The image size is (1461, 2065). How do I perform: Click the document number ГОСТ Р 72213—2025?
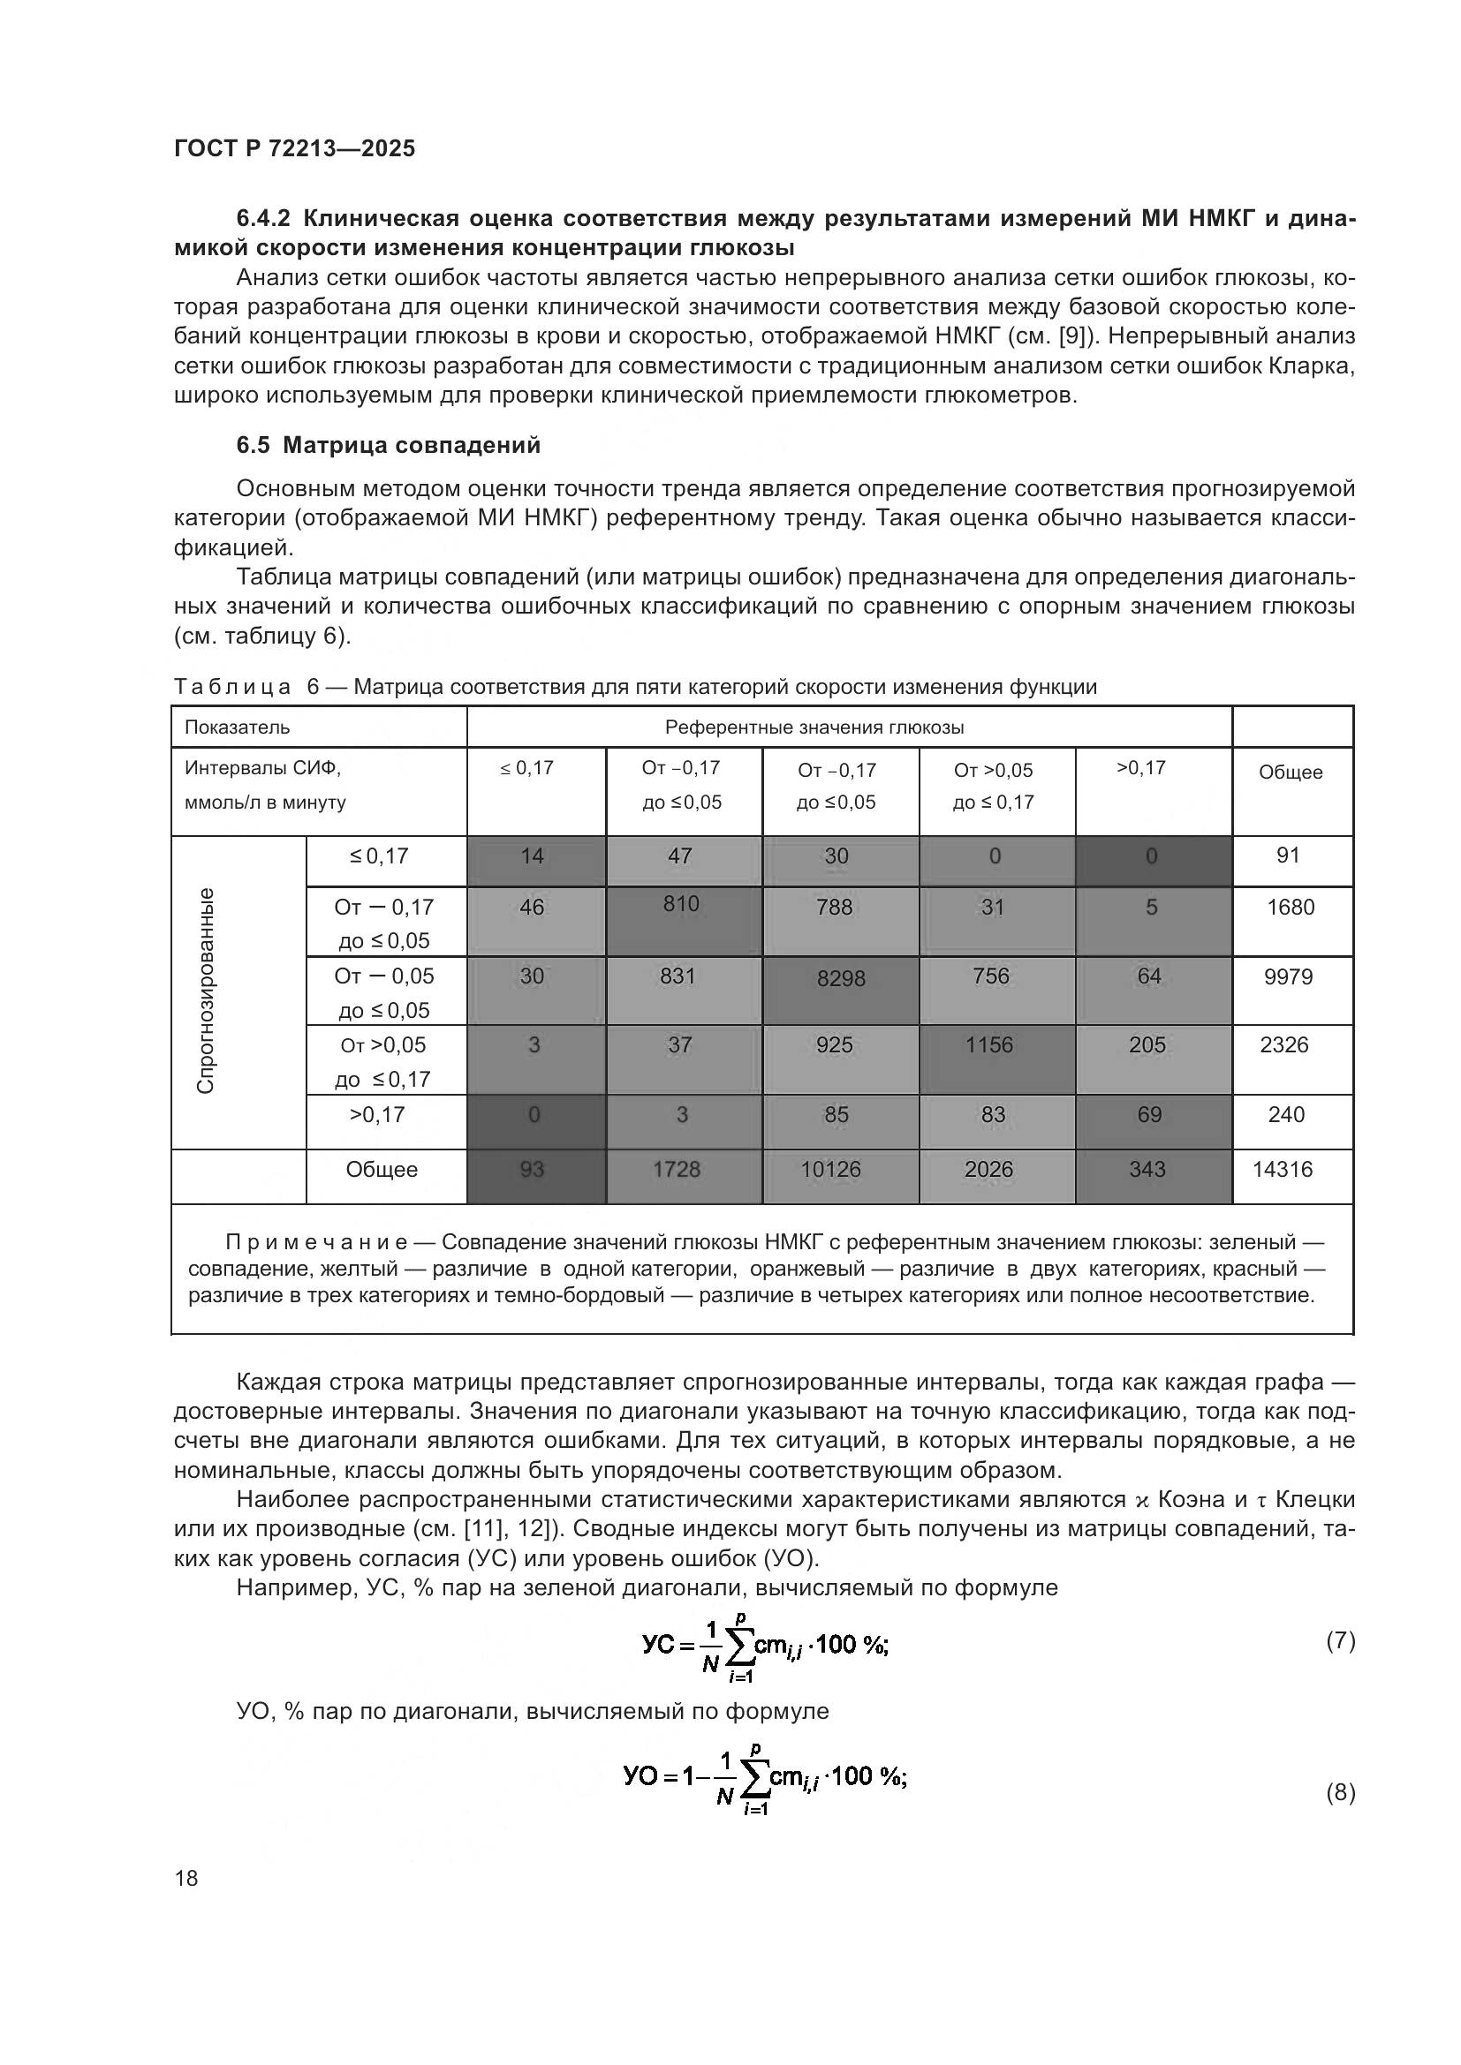(294, 148)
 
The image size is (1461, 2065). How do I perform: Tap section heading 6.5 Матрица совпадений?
(388, 445)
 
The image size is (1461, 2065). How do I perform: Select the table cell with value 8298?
(840, 978)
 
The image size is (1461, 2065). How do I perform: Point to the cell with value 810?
(681, 904)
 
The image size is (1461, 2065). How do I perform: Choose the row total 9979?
(1288, 976)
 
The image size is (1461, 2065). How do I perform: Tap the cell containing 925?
(835, 1045)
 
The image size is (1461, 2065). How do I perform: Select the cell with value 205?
(1147, 1045)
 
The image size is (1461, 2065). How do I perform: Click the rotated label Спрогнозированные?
(206, 991)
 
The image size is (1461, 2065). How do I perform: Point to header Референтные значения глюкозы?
(814, 727)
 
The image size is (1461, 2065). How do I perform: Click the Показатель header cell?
(238, 727)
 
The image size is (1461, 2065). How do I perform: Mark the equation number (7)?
(1340, 1641)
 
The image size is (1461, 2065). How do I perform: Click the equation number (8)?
(1340, 1792)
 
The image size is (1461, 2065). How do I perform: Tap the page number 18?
(186, 1878)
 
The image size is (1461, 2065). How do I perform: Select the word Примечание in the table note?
(317, 1242)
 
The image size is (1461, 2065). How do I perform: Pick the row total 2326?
(1283, 1045)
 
